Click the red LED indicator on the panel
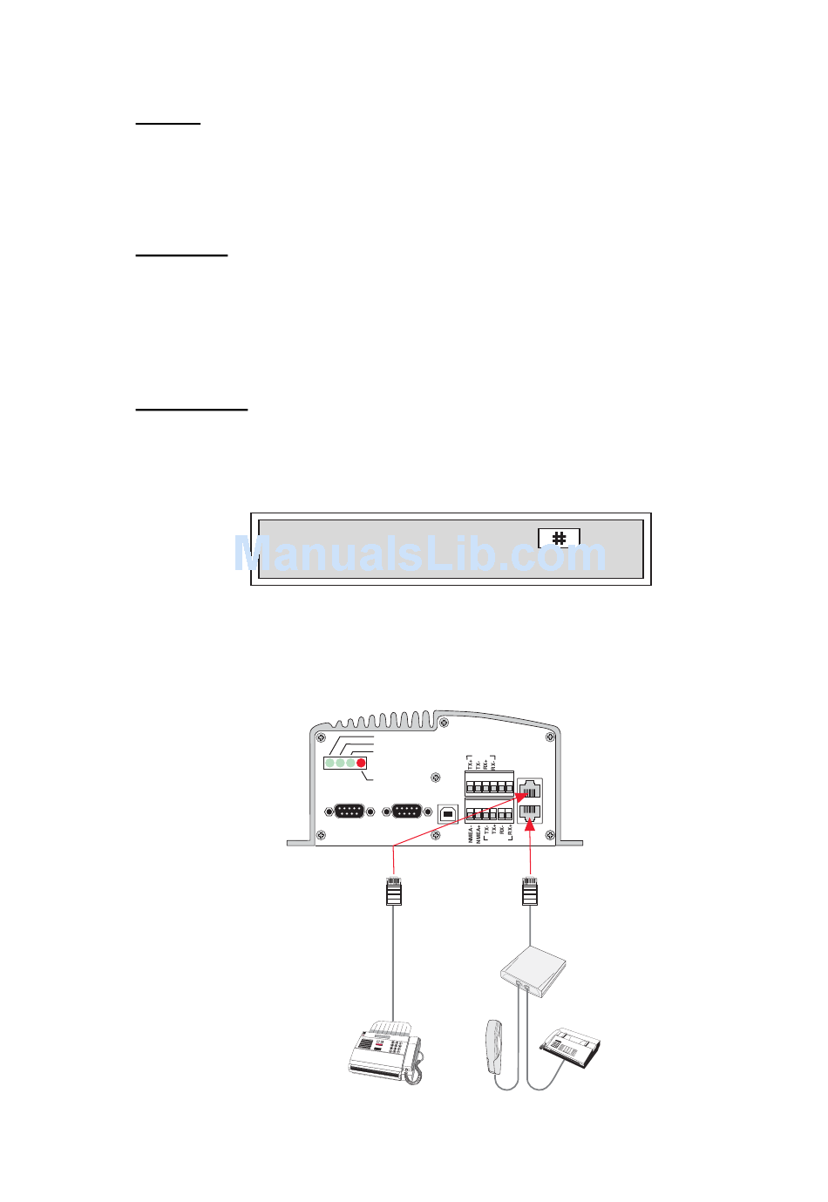click(x=362, y=763)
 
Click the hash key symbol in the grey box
click(x=559, y=538)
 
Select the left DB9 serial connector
click(x=350, y=812)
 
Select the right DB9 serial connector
click(x=407, y=812)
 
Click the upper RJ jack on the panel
click(x=529, y=790)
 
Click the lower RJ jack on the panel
click(x=529, y=812)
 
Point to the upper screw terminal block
click(x=489, y=783)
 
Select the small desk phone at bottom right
click(x=570, y=1045)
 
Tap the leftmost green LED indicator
click(x=330, y=763)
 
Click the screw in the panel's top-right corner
click(x=550, y=737)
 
